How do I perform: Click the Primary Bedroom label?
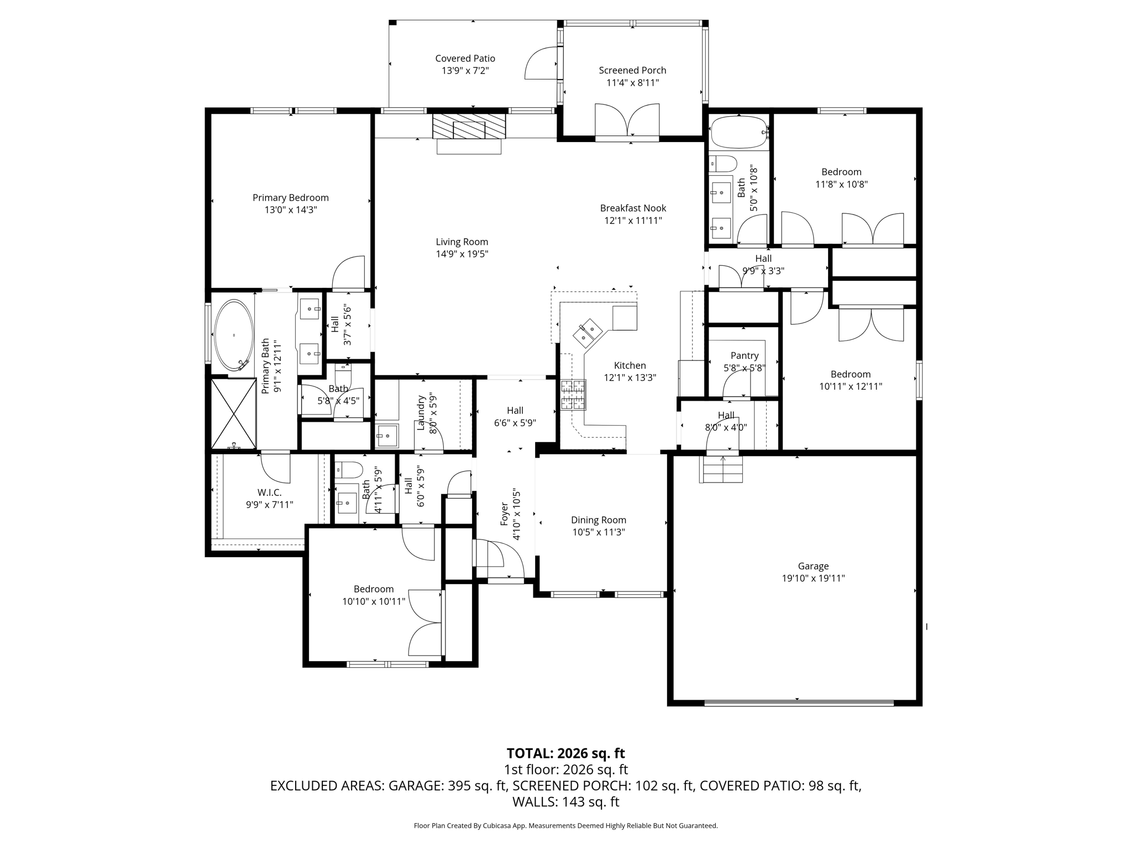(x=290, y=197)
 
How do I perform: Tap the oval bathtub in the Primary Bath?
(x=234, y=336)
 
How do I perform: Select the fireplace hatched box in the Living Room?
(x=469, y=127)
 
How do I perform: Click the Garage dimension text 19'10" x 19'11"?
(x=813, y=578)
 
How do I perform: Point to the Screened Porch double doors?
(x=627, y=121)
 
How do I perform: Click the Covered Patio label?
(x=465, y=59)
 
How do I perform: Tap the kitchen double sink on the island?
(x=587, y=332)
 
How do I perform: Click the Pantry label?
(x=745, y=355)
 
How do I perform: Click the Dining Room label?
(x=598, y=520)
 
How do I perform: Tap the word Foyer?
(x=504, y=514)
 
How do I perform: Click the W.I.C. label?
(x=269, y=492)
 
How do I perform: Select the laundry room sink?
(x=387, y=436)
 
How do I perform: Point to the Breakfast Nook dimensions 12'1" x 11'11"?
(x=633, y=221)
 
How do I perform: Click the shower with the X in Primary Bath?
(x=234, y=413)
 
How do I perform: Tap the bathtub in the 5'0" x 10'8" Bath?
(x=737, y=132)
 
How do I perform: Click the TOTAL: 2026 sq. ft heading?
(x=565, y=753)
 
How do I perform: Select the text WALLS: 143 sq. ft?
(x=565, y=801)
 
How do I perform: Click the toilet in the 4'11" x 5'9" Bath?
(x=348, y=470)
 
